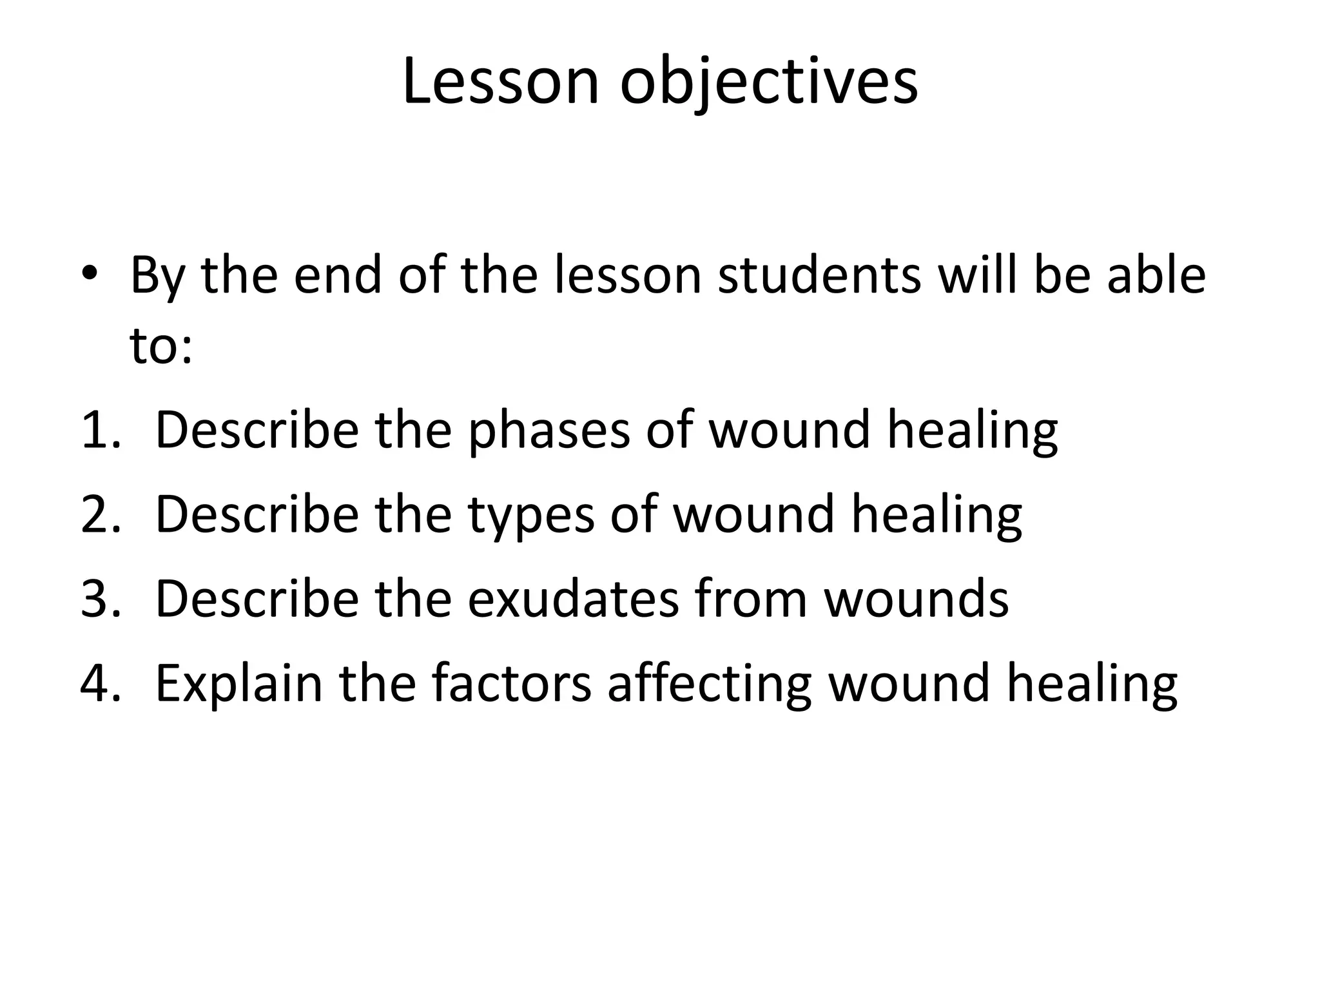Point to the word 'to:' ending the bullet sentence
pos(161,346)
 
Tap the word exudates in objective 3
pos(573,599)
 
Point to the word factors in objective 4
pos(511,683)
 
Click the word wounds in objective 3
pos(916,599)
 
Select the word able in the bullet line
pos(1156,275)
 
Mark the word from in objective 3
pos(751,599)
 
